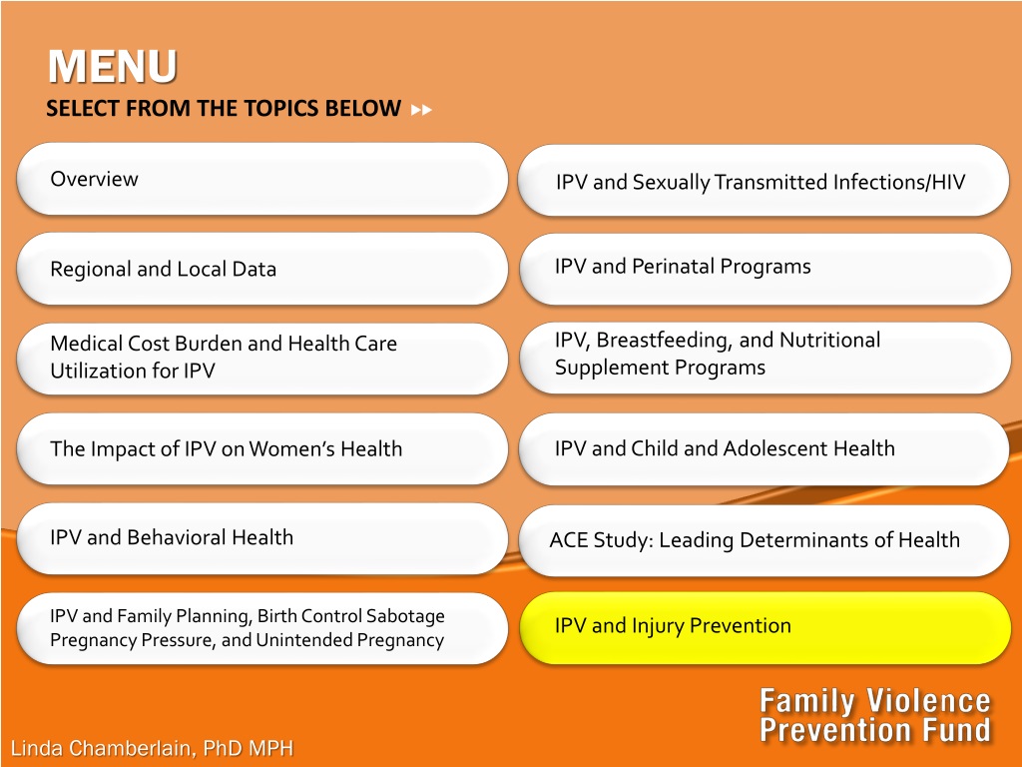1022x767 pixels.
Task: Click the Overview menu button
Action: point(262,179)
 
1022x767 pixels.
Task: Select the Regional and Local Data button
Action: point(262,269)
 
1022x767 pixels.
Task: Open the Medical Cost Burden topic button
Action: point(262,359)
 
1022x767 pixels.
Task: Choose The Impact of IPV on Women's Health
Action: point(262,448)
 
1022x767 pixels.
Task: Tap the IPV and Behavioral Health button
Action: point(262,538)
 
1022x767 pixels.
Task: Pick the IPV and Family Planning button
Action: point(262,628)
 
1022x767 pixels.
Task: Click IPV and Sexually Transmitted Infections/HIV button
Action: point(764,181)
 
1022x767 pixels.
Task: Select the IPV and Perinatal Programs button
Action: point(765,269)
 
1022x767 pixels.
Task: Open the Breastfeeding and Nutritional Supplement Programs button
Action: point(765,358)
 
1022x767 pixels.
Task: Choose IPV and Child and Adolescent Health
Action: point(764,448)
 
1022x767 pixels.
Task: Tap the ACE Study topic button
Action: point(764,540)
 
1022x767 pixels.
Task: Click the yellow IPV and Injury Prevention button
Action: point(766,627)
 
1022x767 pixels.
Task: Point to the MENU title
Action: point(112,67)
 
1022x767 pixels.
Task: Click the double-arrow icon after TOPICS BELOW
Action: point(422,110)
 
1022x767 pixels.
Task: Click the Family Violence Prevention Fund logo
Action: point(875,715)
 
